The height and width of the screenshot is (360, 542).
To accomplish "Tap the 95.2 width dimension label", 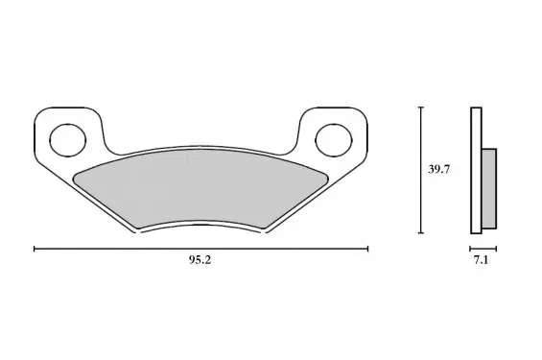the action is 200,260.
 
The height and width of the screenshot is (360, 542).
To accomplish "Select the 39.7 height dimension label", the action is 439,170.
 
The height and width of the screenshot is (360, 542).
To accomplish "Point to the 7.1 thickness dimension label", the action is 481,260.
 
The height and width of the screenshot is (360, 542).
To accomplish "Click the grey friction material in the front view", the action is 200,188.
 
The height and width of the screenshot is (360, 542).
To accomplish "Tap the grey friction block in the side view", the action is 489,188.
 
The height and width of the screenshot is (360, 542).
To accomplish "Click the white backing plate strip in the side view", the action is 476,171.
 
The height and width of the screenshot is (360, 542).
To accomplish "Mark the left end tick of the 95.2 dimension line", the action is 35,249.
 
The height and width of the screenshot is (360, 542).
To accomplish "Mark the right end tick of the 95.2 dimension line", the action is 367,249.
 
